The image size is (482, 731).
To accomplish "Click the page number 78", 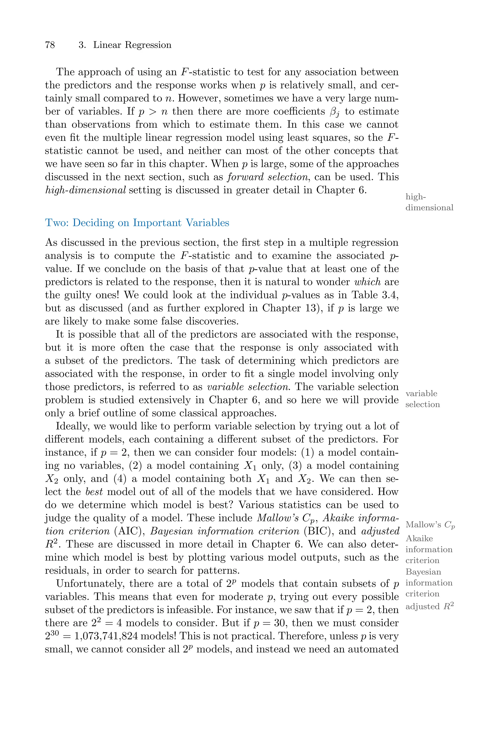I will (x=50, y=45).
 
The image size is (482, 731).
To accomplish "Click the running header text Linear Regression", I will (x=132, y=45).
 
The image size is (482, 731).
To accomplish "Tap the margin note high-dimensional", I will (x=429, y=202).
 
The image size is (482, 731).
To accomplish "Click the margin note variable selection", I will (x=422, y=399).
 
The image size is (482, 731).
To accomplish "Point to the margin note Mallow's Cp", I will (x=430, y=525).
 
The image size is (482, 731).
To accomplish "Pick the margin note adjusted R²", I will (x=430, y=606).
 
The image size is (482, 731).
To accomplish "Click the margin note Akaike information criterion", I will (x=429, y=549).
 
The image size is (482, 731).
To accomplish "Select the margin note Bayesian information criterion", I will (x=429, y=582).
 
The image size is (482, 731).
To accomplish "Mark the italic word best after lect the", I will (x=94, y=492).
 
